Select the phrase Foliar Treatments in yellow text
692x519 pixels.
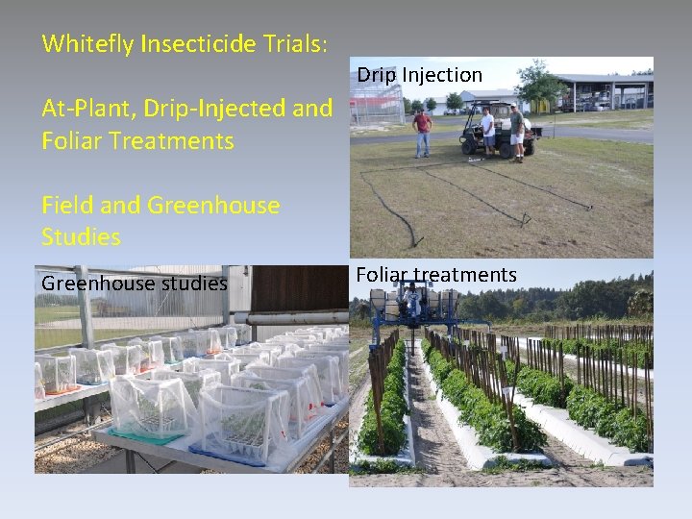137,141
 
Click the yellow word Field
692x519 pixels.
66,205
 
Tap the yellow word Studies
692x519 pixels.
81,236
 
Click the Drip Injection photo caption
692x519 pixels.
419,75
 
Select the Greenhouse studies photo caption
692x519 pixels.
134,283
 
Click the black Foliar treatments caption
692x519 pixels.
436,275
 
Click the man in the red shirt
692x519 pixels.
422,133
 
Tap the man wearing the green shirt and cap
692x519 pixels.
517,132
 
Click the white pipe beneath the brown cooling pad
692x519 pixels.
298,317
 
